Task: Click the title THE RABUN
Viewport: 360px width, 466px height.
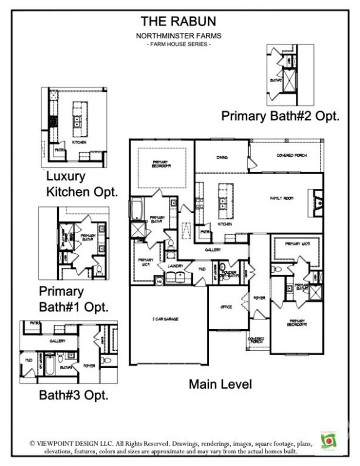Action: pyautogui.click(x=178, y=21)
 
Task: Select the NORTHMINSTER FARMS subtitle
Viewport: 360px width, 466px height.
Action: pyautogui.click(x=178, y=36)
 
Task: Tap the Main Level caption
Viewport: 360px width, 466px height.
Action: pyautogui.click(x=220, y=384)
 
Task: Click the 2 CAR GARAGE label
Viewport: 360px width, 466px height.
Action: pyautogui.click(x=165, y=319)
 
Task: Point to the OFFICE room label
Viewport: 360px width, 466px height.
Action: pyautogui.click(x=226, y=307)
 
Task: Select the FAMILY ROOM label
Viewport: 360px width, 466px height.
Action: pyautogui.click(x=282, y=198)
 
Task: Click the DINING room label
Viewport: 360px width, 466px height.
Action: pyautogui.click(x=222, y=157)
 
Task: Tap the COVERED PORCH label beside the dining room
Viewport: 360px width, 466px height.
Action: pyautogui.click(x=291, y=155)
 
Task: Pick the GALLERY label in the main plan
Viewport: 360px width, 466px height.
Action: pyautogui.click(x=213, y=250)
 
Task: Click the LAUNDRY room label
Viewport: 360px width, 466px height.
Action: pyautogui.click(x=175, y=266)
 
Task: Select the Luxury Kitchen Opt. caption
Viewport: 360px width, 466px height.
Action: pyautogui.click(x=82, y=184)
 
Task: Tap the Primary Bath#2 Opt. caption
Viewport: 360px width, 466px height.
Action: pyautogui.click(x=280, y=116)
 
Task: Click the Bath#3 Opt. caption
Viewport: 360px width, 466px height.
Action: pyautogui.click(x=73, y=395)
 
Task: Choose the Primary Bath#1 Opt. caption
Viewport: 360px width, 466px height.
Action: pyautogui.click(x=73, y=299)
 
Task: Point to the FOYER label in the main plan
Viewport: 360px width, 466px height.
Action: pyautogui.click(x=259, y=298)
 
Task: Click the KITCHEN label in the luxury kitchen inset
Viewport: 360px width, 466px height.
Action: pyautogui.click(x=79, y=142)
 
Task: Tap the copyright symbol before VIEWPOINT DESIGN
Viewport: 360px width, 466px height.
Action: pyautogui.click(x=32, y=444)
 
